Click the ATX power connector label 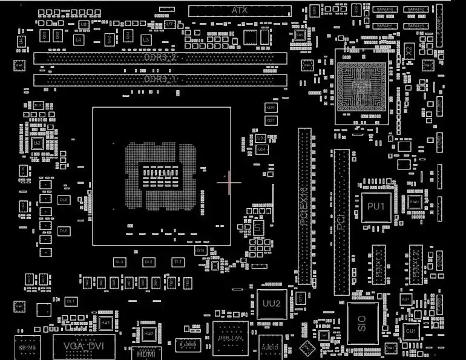pyautogui.click(x=239, y=10)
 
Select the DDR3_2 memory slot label pyautogui.click(x=160, y=58)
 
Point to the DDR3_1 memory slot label pyautogui.click(x=160, y=79)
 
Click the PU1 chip pyautogui.click(x=376, y=207)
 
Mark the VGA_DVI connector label pyautogui.click(x=84, y=346)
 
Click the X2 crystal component pyautogui.click(x=409, y=51)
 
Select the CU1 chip pyautogui.click(x=411, y=331)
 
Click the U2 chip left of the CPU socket pyautogui.click(x=37, y=143)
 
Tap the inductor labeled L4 pyautogui.click(x=78, y=39)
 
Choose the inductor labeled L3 pyautogui.click(x=146, y=39)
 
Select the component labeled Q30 pyautogui.click(x=271, y=107)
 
